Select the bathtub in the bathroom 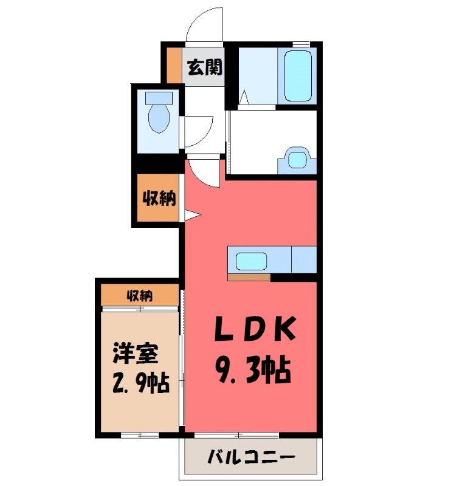tap(298, 76)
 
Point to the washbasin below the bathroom tap(297, 159)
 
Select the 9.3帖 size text tap(252, 369)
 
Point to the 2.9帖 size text tap(140, 384)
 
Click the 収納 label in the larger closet tap(159, 198)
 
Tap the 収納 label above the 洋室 tap(140, 296)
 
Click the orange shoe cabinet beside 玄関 tap(174, 64)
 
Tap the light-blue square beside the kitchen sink tap(303, 260)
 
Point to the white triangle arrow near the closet tap(191, 214)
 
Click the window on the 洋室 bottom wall tap(140, 435)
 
